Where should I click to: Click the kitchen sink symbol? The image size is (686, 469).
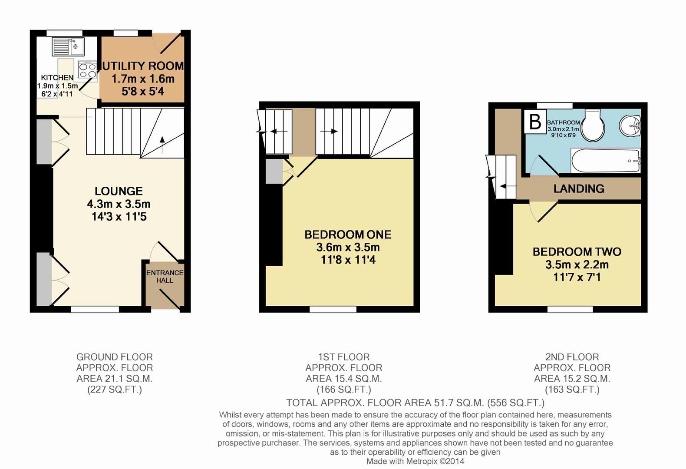tap(68, 46)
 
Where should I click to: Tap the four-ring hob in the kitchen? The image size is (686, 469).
tap(88, 70)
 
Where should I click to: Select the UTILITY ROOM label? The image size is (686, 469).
tap(142, 66)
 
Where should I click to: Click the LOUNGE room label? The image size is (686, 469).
tap(119, 191)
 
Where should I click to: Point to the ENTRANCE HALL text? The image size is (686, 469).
tap(165, 277)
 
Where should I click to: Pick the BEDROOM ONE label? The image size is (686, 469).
tap(348, 234)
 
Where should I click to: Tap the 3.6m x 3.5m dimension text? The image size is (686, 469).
tap(348, 248)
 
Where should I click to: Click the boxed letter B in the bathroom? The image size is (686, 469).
tap(535, 122)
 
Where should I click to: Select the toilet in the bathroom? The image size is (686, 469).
tap(593, 125)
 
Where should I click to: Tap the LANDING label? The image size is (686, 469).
tap(579, 188)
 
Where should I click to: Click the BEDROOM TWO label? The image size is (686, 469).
tap(577, 251)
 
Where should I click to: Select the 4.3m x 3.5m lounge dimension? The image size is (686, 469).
tap(119, 204)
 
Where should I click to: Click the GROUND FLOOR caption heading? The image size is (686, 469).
tap(115, 357)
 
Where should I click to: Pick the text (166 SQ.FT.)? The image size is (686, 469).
tap(343, 390)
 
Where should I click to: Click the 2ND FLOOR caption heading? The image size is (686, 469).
tap(572, 357)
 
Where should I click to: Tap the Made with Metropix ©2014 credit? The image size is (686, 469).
tap(415, 461)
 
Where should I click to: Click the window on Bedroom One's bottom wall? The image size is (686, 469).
tap(333, 309)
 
